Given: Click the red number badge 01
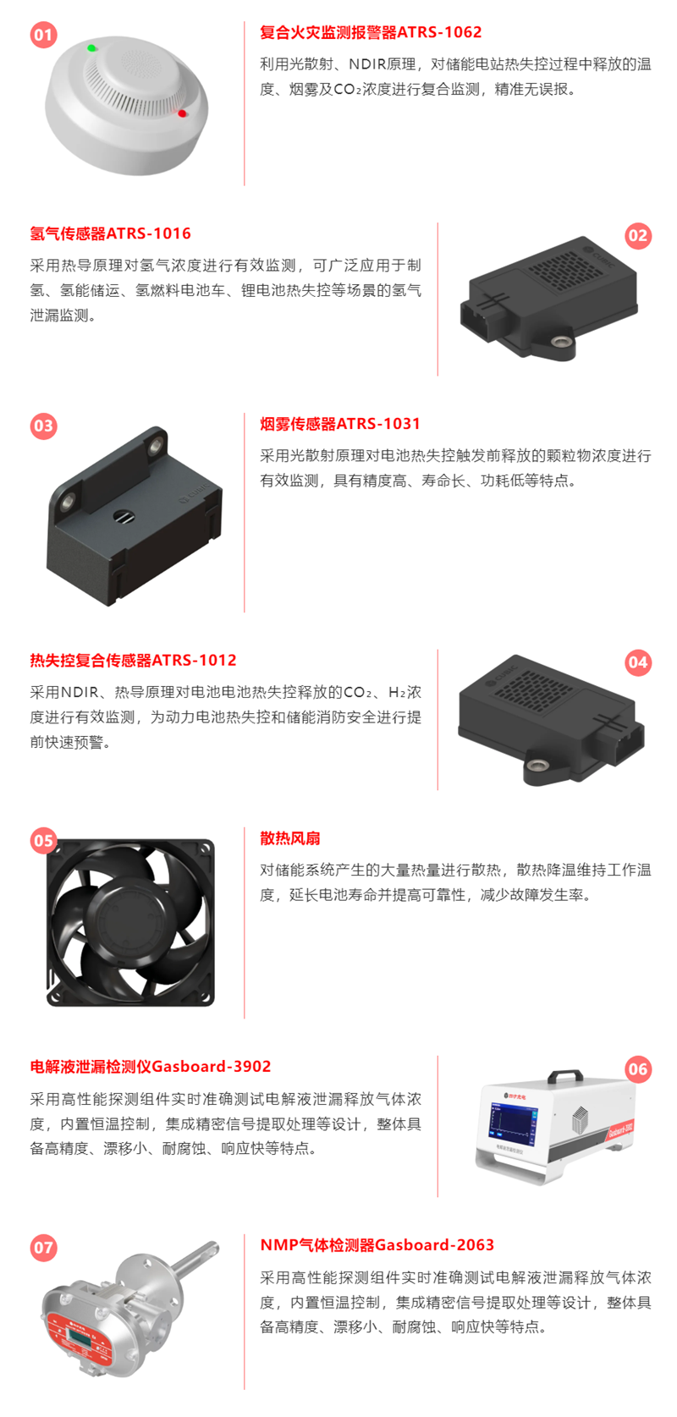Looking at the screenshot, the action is point(44,35).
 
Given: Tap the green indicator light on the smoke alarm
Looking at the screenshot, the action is point(91,48).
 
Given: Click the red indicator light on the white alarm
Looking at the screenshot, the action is point(182,113).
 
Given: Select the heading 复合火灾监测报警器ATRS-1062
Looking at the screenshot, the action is point(371,32).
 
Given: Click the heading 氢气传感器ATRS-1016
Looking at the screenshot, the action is point(110,233).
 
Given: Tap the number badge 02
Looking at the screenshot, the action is point(638,236).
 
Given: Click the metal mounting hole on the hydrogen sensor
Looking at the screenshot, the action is point(559,343).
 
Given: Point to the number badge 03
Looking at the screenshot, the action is point(44,426).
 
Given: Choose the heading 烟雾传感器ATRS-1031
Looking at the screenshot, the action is point(340,424).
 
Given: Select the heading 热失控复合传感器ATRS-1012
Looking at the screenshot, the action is point(133,661).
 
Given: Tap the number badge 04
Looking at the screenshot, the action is point(638,662).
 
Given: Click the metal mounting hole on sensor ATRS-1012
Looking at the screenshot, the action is point(537,766).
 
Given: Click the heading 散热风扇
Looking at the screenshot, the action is point(290,838).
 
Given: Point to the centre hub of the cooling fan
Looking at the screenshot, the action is point(131,922).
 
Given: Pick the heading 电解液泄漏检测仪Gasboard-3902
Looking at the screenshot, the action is point(151,1067).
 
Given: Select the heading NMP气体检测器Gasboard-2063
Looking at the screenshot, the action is point(377,1245).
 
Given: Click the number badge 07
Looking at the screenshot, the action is point(44,1248).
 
